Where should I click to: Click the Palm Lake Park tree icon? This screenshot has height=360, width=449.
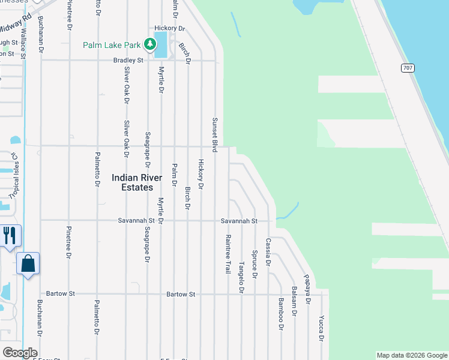pyautogui.click(x=148, y=44)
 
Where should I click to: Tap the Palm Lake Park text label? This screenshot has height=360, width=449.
pyautogui.click(x=111, y=44)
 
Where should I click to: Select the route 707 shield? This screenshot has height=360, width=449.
pyautogui.click(x=408, y=68)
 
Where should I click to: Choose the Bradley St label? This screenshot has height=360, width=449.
pyautogui.click(x=129, y=61)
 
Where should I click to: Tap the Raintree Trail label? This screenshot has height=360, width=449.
pyautogui.click(x=228, y=254)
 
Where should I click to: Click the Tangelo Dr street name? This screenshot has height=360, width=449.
pyautogui.click(x=241, y=277)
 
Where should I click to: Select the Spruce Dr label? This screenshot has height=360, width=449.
pyautogui.click(x=255, y=265)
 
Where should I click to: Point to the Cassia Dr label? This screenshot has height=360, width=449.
pyautogui.click(x=268, y=252)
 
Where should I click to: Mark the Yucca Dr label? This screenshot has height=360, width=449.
pyautogui.click(x=321, y=329)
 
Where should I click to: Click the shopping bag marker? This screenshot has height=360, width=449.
pyautogui.click(x=28, y=263)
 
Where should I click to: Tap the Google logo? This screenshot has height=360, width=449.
pyautogui.click(x=19, y=353)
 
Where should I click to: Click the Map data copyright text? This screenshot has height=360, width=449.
pyautogui.click(x=411, y=355)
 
